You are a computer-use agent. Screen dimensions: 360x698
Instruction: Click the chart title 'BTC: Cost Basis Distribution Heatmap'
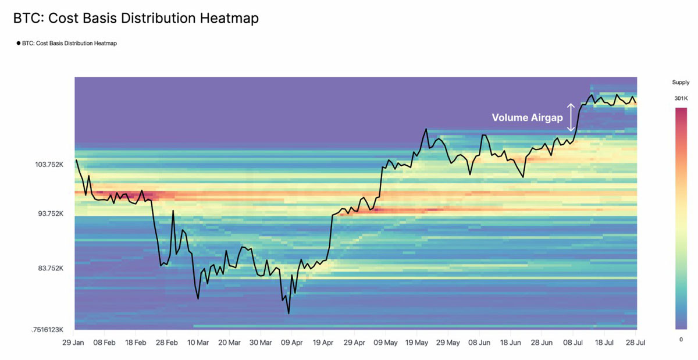tap(136, 19)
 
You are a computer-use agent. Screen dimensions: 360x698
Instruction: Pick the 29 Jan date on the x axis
tap(74, 343)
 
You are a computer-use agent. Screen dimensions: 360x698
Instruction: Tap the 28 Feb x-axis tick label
tap(167, 343)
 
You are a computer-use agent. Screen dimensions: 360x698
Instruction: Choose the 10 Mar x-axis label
tap(198, 343)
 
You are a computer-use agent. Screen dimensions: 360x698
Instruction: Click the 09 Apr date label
tap(291, 343)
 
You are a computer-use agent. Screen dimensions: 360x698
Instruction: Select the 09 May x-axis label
tap(385, 343)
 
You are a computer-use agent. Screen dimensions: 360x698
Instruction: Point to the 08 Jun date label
tap(479, 343)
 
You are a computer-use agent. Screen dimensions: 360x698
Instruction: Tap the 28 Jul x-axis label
tap(635, 343)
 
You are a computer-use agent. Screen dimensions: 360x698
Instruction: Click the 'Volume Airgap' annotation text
tap(527, 117)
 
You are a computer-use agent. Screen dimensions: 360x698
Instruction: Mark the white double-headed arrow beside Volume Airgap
tap(571, 117)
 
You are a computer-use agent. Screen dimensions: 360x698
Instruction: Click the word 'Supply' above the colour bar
tap(681, 83)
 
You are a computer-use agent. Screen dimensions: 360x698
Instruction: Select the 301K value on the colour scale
tap(681, 99)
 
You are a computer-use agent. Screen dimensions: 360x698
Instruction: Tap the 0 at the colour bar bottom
tap(681, 338)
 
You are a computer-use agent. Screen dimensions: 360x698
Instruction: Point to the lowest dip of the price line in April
tap(289, 313)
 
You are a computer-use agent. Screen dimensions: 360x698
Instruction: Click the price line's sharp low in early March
tap(198, 299)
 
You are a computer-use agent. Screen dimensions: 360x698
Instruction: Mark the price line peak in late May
tap(426, 130)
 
